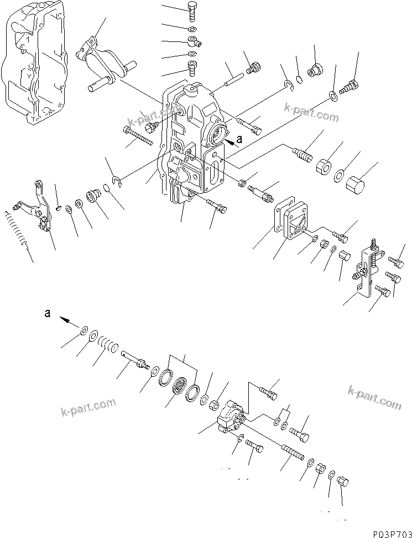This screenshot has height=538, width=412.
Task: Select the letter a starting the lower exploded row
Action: pos(48,313)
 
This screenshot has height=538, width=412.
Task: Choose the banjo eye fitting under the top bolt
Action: pos(192,41)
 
